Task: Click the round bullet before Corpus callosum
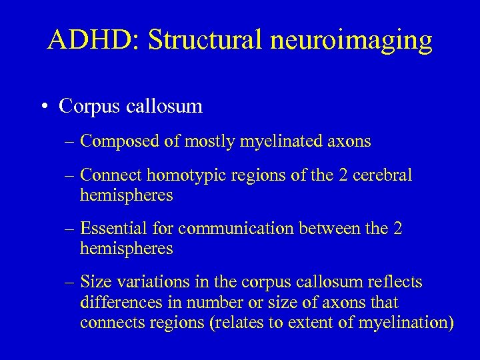point(43,107)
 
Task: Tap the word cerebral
point(385,176)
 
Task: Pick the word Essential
point(111,229)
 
